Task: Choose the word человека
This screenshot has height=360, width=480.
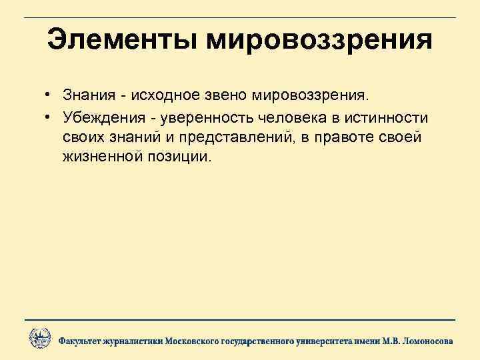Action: click(x=287, y=117)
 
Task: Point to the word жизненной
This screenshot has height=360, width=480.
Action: click(x=98, y=157)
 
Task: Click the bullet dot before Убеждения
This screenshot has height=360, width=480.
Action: click(x=49, y=118)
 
